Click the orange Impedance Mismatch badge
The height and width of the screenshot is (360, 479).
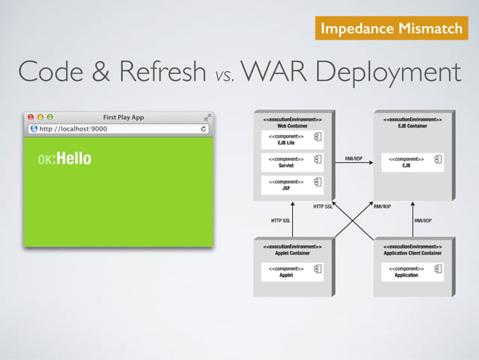point(390,29)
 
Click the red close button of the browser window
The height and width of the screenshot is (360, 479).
point(31,117)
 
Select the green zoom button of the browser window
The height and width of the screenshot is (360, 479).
point(50,117)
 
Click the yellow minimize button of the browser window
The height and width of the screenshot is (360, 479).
point(41,117)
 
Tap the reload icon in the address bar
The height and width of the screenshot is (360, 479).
point(203,129)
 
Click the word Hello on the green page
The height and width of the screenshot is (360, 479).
point(74,159)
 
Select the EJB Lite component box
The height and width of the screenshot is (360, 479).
point(292,139)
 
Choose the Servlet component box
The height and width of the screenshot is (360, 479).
point(292,162)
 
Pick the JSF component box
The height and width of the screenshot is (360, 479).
point(292,184)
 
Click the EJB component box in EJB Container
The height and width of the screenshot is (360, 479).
point(412,162)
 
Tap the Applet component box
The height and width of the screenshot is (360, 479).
point(292,271)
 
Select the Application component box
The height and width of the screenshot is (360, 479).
point(412,271)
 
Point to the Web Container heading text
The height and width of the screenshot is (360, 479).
point(291,126)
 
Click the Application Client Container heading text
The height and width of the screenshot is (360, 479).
point(412,253)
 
